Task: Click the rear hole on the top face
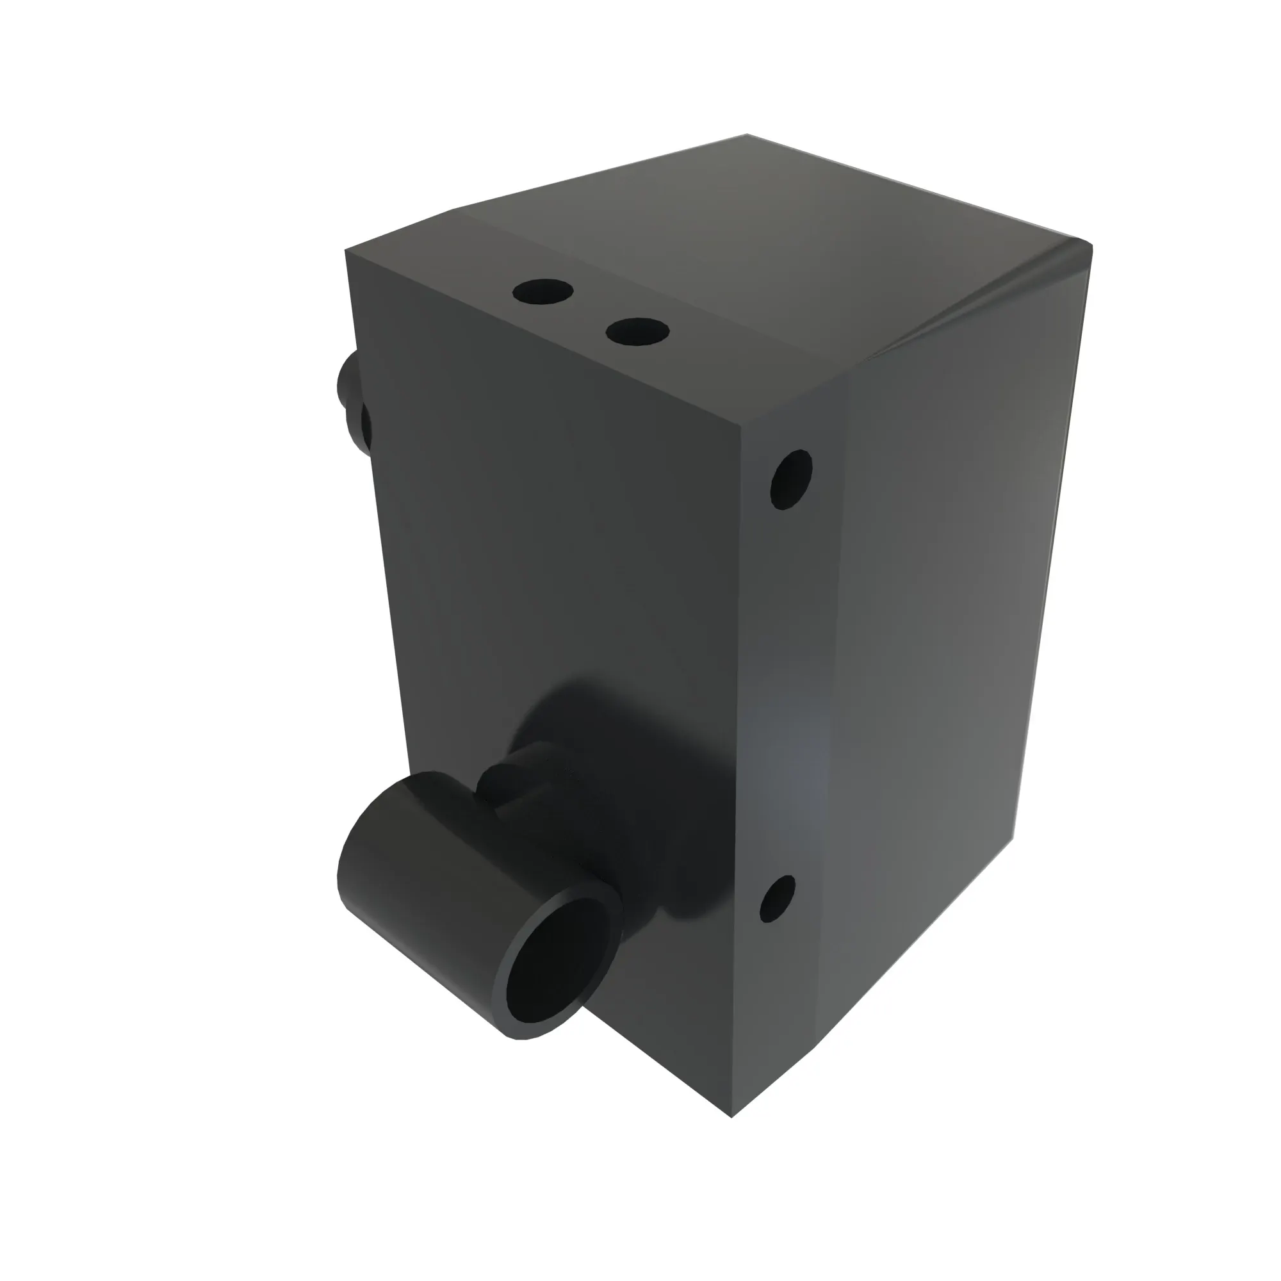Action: point(543,291)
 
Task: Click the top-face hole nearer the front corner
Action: point(637,331)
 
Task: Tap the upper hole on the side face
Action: point(791,478)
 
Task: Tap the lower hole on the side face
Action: point(777,899)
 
